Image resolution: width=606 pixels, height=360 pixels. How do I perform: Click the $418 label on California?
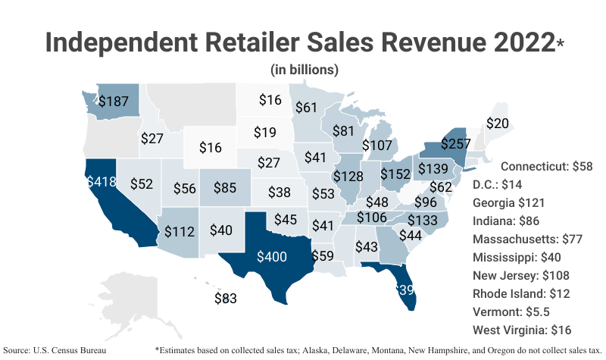[x=101, y=182]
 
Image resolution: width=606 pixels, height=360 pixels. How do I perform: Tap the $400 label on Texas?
[x=272, y=256]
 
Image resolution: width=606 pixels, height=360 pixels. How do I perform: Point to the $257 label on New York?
[x=440, y=143]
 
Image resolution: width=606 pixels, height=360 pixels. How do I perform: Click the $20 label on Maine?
[x=497, y=123]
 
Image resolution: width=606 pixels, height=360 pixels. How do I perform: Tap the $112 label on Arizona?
[x=180, y=231]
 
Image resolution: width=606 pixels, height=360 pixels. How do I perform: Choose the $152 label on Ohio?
[x=395, y=174]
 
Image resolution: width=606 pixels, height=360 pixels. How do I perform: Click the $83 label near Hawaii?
[x=226, y=298]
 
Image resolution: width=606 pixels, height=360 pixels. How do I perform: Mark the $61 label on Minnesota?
[x=306, y=108]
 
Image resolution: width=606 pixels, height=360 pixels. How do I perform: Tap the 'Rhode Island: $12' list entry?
[x=520, y=293]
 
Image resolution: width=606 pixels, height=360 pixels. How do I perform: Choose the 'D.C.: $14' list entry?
[x=497, y=184]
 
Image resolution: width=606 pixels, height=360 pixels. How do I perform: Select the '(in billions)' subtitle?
[x=304, y=69]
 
